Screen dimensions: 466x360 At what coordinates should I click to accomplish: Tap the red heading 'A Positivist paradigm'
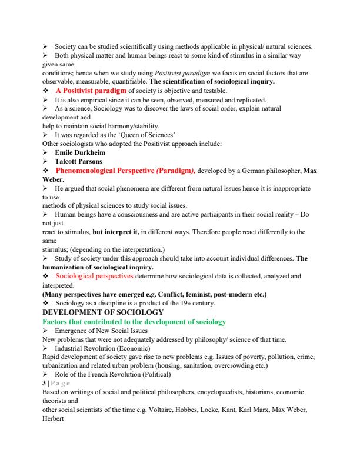[x=91, y=91]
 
